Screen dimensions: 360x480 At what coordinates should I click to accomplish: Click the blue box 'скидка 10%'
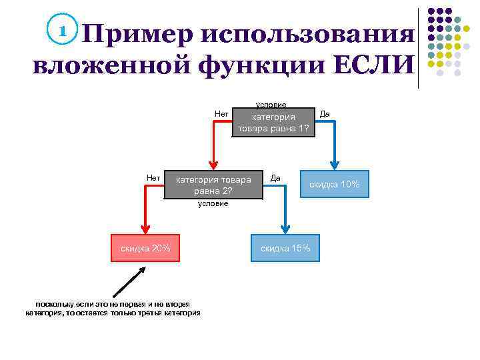pyautogui.click(x=334, y=184)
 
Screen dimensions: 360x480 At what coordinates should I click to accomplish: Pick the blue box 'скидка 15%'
pyautogui.click(x=285, y=249)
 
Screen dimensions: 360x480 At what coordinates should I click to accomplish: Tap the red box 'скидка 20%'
pyautogui.click(x=145, y=249)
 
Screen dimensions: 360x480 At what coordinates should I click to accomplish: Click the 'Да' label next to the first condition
pyautogui.click(x=325, y=113)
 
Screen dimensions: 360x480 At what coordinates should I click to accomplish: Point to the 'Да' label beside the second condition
pyautogui.click(x=275, y=177)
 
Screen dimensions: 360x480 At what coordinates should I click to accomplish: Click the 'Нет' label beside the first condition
pyautogui.click(x=221, y=113)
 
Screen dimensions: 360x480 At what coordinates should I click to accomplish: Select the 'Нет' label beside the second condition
pyautogui.click(x=153, y=177)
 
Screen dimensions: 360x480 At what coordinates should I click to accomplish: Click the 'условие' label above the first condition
pyautogui.click(x=271, y=105)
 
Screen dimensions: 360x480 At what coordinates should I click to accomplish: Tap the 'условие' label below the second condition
pyautogui.click(x=213, y=203)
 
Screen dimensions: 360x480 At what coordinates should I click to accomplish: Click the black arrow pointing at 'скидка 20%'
pyautogui.click(x=129, y=282)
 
